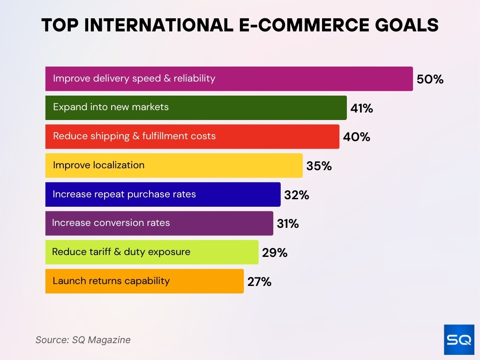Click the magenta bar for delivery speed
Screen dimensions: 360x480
(x=229, y=79)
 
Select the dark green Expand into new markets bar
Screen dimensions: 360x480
(x=196, y=108)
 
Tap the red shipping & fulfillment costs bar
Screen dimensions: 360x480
(x=192, y=136)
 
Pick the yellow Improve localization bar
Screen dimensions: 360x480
(x=174, y=165)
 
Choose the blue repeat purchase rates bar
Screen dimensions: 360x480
(x=163, y=195)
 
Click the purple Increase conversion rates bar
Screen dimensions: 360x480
(x=159, y=223)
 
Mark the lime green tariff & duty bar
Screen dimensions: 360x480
(x=152, y=252)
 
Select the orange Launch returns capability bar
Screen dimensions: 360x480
(x=144, y=281)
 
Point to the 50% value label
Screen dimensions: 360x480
(x=430, y=79)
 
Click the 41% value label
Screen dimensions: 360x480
(x=361, y=108)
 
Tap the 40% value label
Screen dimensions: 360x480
(x=356, y=137)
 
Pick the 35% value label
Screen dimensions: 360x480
(x=319, y=166)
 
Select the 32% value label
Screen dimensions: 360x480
(x=296, y=195)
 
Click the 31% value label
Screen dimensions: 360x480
(x=287, y=224)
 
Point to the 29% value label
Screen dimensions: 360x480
(x=275, y=253)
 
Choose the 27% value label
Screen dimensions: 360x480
(x=259, y=282)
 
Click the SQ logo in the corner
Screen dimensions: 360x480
(x=459, y=339)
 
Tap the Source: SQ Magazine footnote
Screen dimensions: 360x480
(x=83, y=340)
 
